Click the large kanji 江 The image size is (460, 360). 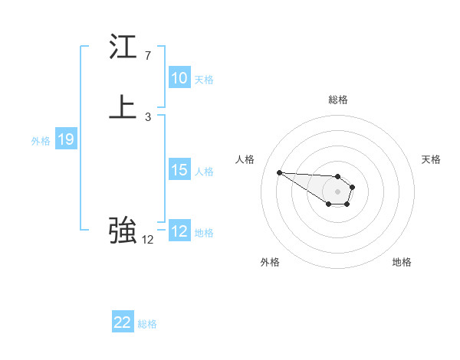coord(123,48)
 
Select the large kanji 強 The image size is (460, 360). coord(123,229)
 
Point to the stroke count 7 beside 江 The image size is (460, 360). coord(148,56)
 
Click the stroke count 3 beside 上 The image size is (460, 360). coord(148,117)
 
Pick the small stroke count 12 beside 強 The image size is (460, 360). coord(148,239)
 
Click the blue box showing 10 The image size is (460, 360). coord(179,78)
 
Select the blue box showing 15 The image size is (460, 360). coord(179,170)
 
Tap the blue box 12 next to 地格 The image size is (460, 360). coord(179,231)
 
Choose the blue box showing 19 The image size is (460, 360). coord(66,139)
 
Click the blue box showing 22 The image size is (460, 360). coord(122,322)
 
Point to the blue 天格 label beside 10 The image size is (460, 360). coord(204,80)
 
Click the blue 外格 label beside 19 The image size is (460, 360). coord(41,141)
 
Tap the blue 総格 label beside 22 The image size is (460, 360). coord(147,324)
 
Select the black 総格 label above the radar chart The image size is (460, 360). coord(338,100)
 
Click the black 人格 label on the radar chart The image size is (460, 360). coord(245,159)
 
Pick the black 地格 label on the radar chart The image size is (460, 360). coord(402,262)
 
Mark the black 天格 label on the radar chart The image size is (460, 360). coord(431,159)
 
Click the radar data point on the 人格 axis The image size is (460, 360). coord(279,172)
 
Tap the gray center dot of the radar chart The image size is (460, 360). coord(337,191)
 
